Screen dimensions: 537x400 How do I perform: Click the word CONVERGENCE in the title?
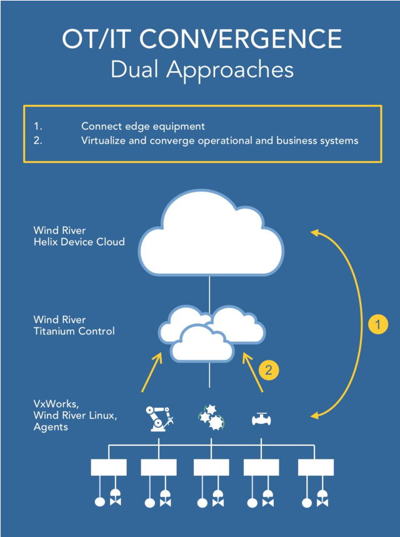pos(240,39)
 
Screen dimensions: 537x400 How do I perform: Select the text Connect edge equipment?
pos(143,126)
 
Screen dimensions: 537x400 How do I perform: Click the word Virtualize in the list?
pos(104,140)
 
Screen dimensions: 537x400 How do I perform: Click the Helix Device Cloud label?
pos(79,242)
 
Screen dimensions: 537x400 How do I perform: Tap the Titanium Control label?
pos(74,331)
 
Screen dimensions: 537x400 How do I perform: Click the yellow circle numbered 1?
pos(377,325)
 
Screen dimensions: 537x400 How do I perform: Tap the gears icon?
pos(210,417)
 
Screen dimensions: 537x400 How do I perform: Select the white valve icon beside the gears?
pos(261,418)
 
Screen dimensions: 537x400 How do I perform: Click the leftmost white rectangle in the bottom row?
pos(108,468)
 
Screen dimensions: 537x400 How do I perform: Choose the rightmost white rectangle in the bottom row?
pos(316,468)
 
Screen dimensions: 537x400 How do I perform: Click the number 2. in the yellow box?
pos(38,140)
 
